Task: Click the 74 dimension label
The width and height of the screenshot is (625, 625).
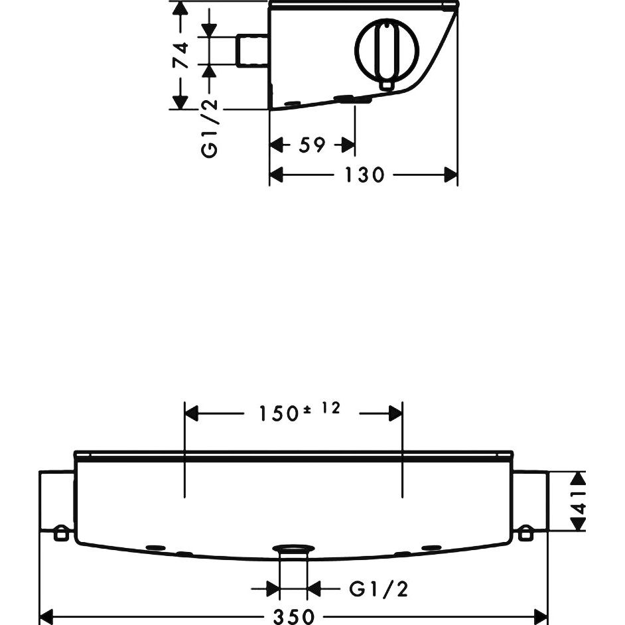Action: click(x=180, y=55)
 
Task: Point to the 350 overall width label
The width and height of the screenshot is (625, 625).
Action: click(x=294, y=616)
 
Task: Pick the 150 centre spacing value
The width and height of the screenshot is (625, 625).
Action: click(x=278, y=414)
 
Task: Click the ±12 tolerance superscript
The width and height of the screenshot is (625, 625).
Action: click(x=322, y=409)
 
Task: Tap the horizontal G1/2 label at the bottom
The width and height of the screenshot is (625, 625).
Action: click(x=379, y=589)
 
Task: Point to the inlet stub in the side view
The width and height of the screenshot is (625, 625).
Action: click(x=253, y=50)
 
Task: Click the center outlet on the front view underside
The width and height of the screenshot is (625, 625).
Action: click(x=293, y=551)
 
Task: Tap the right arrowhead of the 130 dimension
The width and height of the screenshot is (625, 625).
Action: click(x=451, y=175)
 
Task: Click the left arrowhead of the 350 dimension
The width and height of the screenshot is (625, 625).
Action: click(x=47, y=616)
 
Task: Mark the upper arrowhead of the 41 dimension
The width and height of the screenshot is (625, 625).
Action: click(x=579, y=478)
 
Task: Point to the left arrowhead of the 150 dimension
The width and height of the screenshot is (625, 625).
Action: click(x=192, y=413)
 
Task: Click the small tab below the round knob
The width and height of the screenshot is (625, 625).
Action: click(x=386, y=86)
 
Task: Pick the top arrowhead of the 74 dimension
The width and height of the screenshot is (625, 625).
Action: click(x=180, y=9)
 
